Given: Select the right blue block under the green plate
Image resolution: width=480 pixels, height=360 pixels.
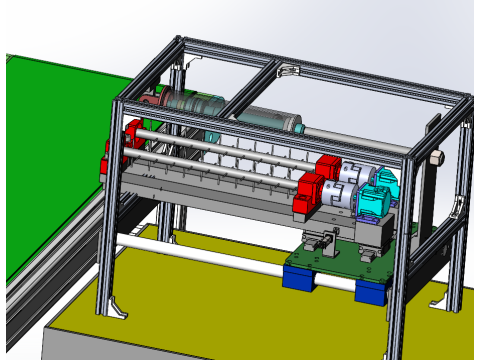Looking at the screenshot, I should coord(370,291).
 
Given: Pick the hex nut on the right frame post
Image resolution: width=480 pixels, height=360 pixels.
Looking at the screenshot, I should coord(437,157).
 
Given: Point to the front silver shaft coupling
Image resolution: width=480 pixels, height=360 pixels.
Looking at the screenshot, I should coord(336,198).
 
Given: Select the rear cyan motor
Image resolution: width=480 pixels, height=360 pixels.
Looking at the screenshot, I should coord(384,181).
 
